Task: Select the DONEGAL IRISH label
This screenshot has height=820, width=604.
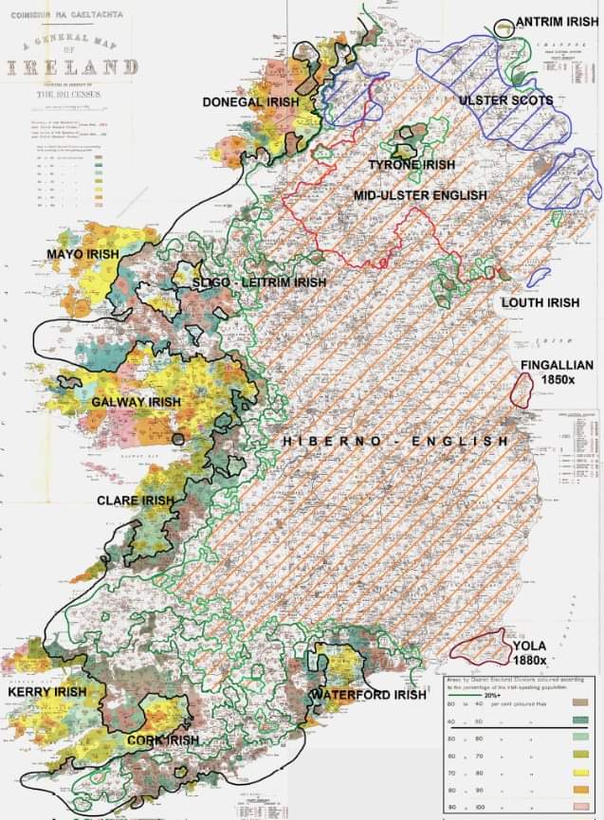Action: click(x=249, y=100)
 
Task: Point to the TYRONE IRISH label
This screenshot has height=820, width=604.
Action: click(x=412, y=164)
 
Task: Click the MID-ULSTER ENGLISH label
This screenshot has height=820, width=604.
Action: click(x=419, y=195)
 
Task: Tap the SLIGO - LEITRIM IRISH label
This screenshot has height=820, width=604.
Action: click(x=259, y=282)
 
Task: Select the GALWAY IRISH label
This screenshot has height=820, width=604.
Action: click(x=136, y=402)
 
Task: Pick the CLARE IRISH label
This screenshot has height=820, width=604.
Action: click(x=136, y=500)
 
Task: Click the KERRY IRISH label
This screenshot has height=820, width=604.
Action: click(x=46, y=692)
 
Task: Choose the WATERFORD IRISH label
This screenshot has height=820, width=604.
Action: click(x=368, y=695)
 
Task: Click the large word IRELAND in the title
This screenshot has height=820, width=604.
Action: click(x=71, y=66)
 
